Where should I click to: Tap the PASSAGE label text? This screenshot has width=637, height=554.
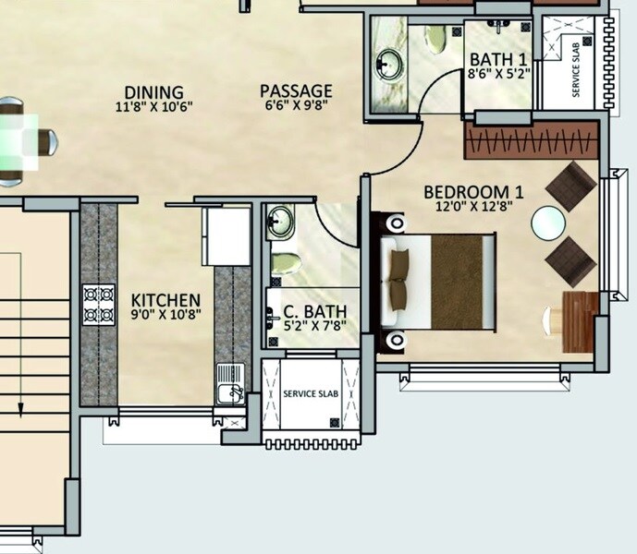click(295, 91)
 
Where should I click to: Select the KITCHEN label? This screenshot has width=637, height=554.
click(165, 301)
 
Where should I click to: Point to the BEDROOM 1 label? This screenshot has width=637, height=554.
click(473, 192)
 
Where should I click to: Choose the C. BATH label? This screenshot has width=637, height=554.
click(310, 311)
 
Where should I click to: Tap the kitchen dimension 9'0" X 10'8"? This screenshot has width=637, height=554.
click(165, 316)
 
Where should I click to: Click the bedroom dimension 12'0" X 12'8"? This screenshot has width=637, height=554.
click(473, 207)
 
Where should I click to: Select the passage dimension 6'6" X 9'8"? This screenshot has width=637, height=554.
click(295, 105)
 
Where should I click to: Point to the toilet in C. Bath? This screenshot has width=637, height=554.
click(286, 260)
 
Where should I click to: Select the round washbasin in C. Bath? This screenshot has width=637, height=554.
click(280, 222)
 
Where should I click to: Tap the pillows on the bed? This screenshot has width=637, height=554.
click(399, 277)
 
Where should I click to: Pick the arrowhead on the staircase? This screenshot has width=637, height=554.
click(20, 407)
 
